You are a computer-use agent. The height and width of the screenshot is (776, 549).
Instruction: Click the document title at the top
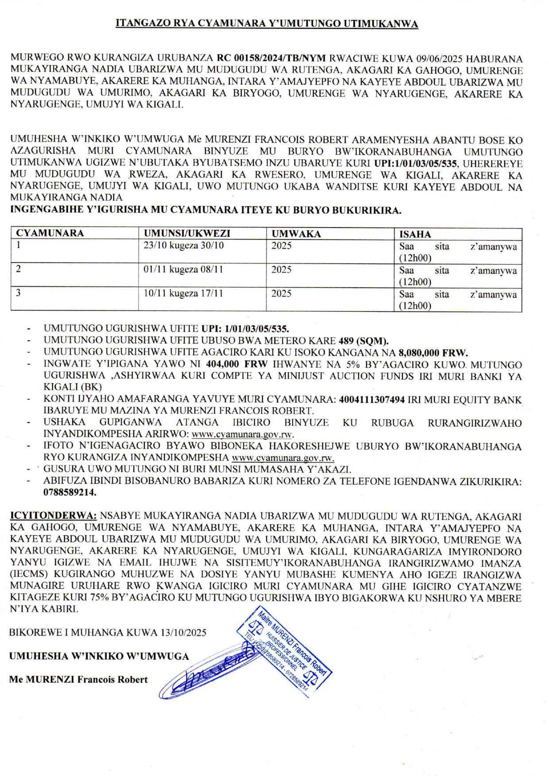click(x=267, y=24)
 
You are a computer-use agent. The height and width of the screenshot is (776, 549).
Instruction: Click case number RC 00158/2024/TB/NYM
click(x=271, y=58)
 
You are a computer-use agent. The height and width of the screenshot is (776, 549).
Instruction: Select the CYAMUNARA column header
click(x=50, y=233)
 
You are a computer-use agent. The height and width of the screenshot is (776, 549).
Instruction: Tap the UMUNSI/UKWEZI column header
click(x=187, y=233)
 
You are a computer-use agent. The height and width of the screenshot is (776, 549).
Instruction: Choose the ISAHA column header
click(x=415, y=234)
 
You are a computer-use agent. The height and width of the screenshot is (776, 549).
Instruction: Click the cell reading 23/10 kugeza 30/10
click(x=183, y=246)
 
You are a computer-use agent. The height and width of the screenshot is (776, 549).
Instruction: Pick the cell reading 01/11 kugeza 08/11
click(x=183, y=270)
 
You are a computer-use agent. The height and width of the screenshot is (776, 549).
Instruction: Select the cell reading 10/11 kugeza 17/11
click(x=183, y=293)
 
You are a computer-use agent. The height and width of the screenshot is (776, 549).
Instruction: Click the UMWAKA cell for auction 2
click(x=281, y=270)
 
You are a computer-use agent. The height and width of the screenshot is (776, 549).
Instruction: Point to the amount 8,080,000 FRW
click(x=433, y=353)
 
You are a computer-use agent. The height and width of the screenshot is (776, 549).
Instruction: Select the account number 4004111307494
click(x=372, y=400)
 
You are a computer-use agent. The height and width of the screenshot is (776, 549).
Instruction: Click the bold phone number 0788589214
click(x=70, y=492)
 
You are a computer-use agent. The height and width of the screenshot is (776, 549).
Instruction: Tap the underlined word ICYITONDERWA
click(x=53, y=516)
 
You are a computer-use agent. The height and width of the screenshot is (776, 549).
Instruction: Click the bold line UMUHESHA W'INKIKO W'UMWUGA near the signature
click(x=99, y=656)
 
